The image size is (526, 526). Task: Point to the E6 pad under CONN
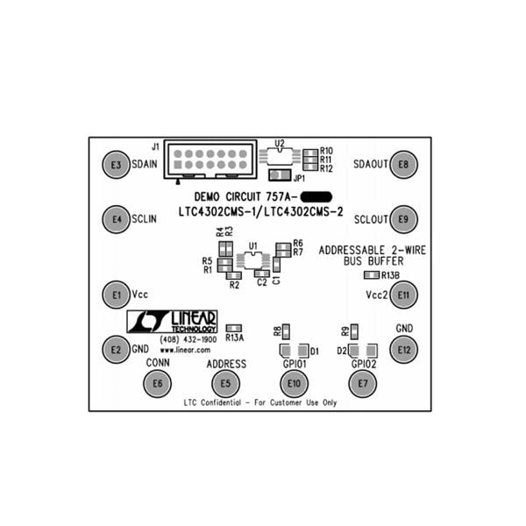[x=158, y=382]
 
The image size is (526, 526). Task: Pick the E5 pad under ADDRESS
[x=225, y=382]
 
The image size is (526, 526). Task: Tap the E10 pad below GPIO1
[x=294, y=383]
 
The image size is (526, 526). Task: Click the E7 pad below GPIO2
[x=362, y=383]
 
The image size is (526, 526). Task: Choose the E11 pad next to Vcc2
[x=403, y=295]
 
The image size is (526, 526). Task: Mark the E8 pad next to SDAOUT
[x=403, y=164]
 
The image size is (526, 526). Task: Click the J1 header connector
[x=210, y=160]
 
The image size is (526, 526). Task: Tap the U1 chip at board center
[x=253, y=261]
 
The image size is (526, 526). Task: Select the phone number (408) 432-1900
[x=188, y=339]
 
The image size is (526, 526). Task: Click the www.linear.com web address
[x=182, y=349]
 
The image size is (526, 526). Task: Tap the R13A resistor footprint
[x=234, y=328]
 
